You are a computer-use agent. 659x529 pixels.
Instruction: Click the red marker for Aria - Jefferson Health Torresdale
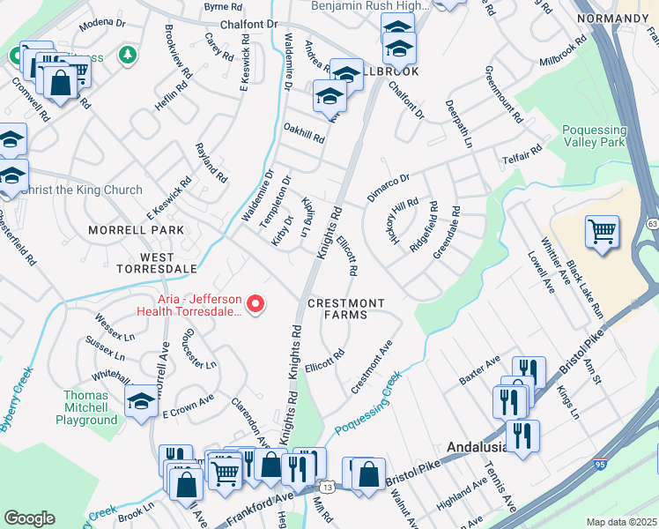[x=256, y=304]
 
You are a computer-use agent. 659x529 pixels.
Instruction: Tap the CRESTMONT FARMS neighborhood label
[x=345, y=310]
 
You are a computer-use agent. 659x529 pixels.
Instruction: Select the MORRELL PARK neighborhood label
[x=137, y=230]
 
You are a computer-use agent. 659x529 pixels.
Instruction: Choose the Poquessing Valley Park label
[x=594, y=137]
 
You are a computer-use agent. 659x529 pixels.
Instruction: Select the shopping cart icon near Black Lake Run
[x=602, y=232]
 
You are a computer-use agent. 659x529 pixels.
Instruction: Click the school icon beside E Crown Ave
[x=140, y=401]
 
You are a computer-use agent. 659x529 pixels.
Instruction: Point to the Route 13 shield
[x=328, y=487]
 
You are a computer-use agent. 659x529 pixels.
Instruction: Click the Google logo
[x=29, y=518]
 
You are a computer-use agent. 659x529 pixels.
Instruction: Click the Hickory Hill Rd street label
[x=402, y=221]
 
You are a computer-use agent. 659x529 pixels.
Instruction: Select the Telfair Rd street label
[x=523, y=156]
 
